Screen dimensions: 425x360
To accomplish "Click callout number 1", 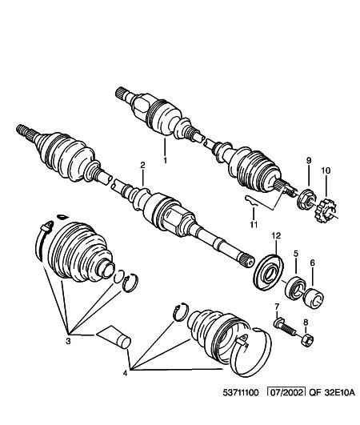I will [x=166, y=159].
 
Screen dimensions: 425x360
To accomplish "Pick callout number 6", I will [x=312, y=263].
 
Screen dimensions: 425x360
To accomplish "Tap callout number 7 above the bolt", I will [x=277, y=307].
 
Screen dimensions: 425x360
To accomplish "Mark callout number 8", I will [x=305, y=323].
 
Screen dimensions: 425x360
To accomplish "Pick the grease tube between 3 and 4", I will [x=111, y=336].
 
